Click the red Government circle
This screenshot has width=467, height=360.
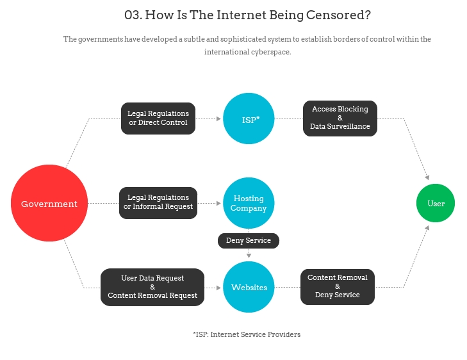[49, 203]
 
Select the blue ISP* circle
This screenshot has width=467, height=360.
[249, 119]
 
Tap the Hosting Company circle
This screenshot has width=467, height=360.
[249, 203]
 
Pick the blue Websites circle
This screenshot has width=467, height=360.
[249, 287]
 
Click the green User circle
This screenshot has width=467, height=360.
[436, 203]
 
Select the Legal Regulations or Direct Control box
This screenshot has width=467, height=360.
[158, 119]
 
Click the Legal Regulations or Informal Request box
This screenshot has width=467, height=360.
[158, 203]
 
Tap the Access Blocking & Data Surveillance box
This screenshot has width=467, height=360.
[340, 119]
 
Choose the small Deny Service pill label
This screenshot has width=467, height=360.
[249, 241]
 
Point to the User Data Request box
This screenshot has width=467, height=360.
[152, 287]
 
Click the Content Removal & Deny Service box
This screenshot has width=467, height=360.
[338, 287]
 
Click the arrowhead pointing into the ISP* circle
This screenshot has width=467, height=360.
[218, 119]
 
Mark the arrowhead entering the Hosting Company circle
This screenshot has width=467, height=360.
[218, 203]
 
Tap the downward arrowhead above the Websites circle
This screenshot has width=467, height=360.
[249, 256]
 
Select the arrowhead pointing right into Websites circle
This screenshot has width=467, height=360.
[218, 288]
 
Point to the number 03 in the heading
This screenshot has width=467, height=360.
[132, 15]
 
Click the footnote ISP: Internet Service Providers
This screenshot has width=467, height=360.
[247, 334]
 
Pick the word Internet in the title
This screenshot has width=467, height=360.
[242, 15]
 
